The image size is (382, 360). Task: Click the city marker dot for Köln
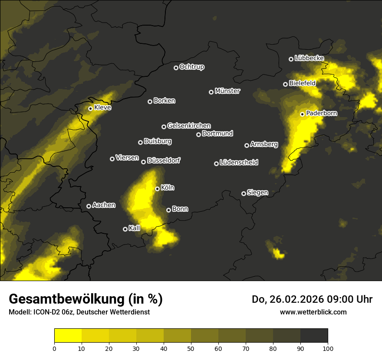coord(157,189)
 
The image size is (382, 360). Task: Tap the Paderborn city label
coord(322,113)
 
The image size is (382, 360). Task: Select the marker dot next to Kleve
coord(90,108)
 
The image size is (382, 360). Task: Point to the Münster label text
coord(227,91)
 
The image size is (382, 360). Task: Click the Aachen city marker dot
coord(89,206)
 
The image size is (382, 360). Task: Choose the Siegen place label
coord(257,193)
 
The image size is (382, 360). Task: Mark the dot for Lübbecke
coord(291,59)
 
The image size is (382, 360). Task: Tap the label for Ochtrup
coord(191,67)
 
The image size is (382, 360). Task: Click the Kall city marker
coord(125,229)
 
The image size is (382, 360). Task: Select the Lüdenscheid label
coord(239,163)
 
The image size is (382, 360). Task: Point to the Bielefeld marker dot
coord(285,84)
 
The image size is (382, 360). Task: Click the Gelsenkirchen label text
coord(189,126)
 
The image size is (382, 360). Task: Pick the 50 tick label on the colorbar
coord(191,348)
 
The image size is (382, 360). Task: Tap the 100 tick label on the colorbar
coord(328,348)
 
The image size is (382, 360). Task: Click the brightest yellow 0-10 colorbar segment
coord(68,335)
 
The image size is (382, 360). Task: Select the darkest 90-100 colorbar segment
coord(314,335)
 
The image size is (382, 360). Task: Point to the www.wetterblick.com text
coord(313,312)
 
